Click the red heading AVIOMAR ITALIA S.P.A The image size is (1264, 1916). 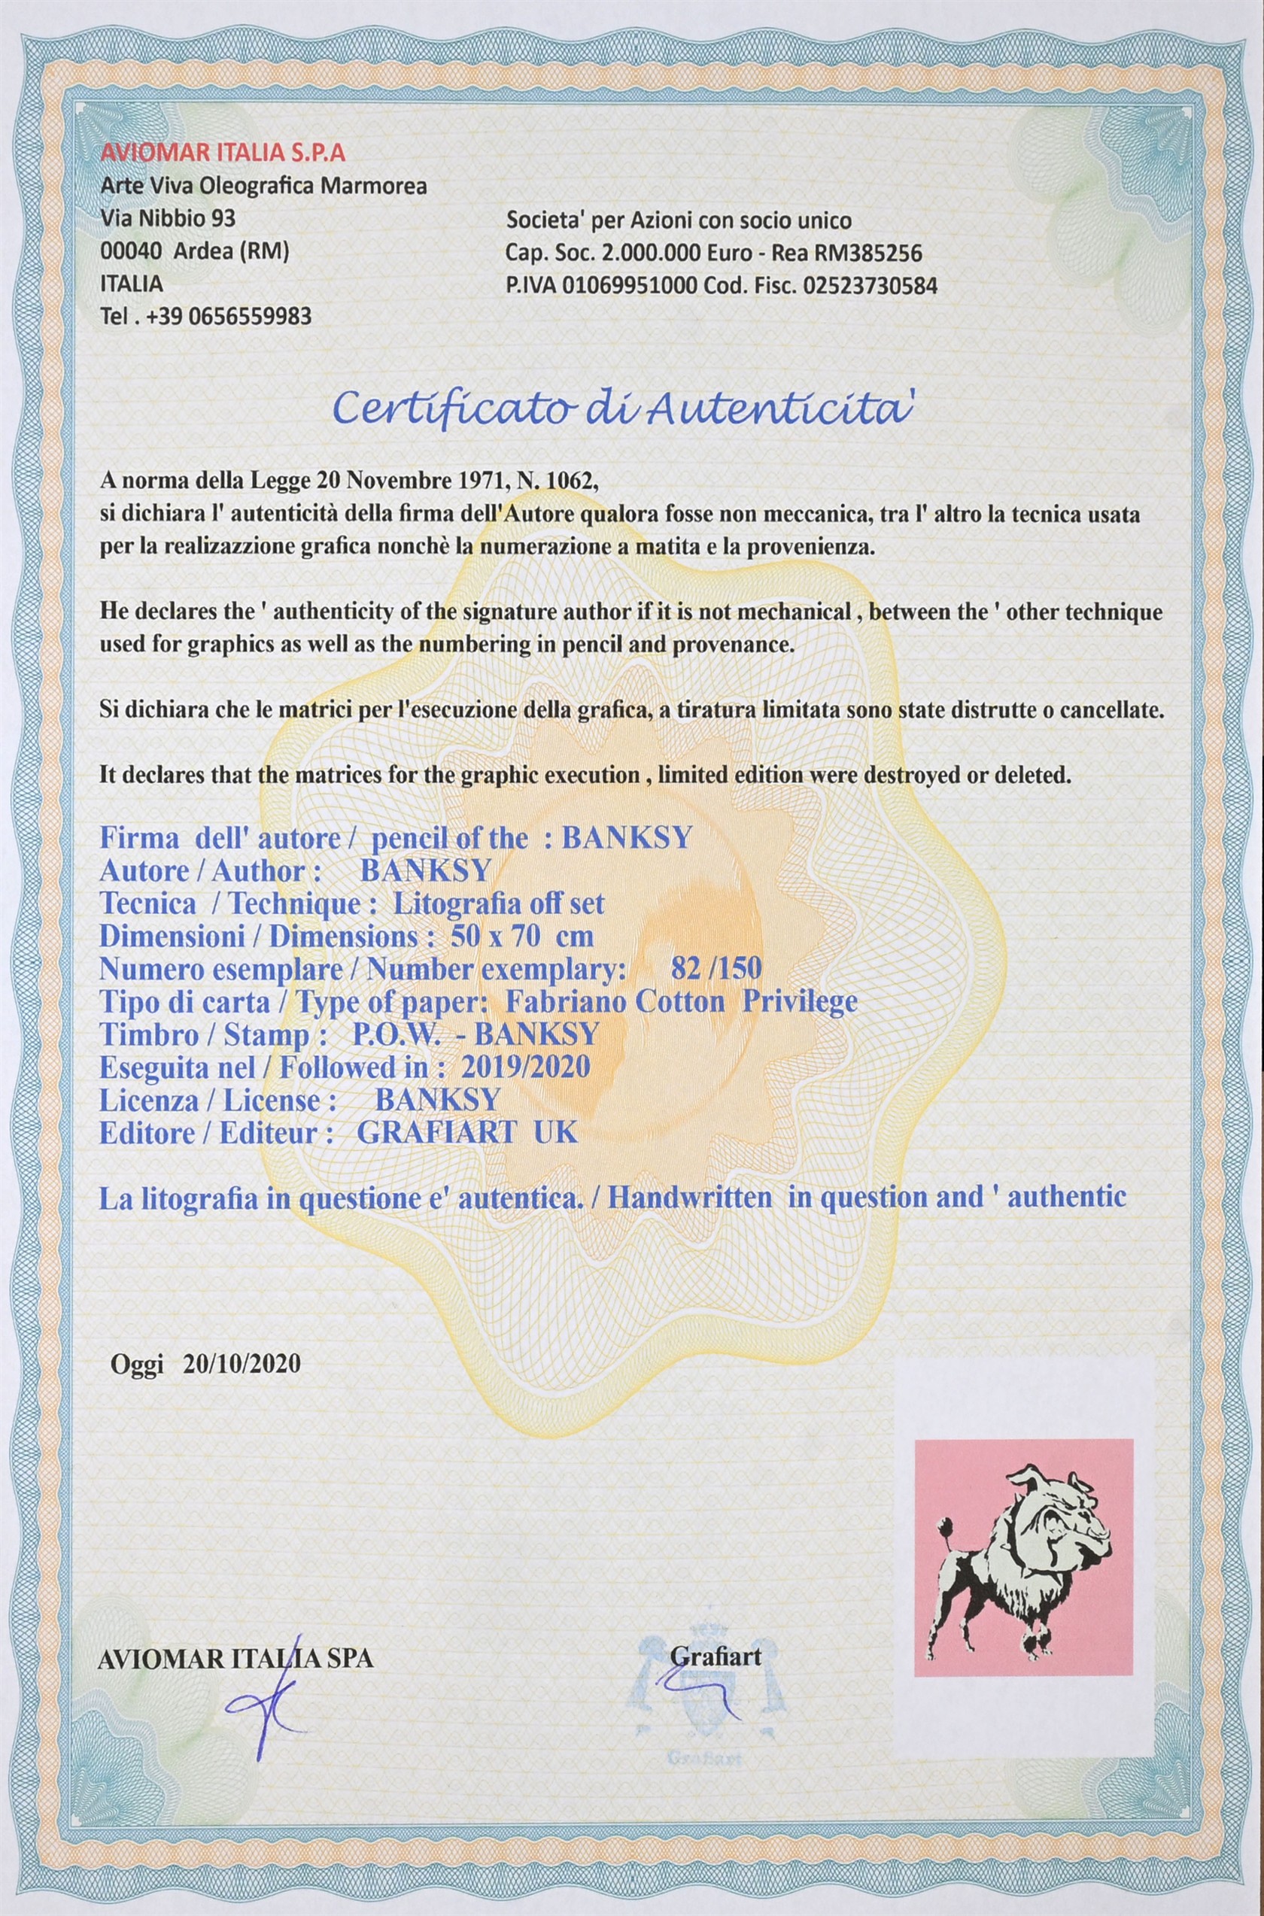(x=212, y=153)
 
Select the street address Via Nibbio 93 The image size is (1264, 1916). (x=168, y=218)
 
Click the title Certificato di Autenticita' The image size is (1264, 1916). (x=626, y=410)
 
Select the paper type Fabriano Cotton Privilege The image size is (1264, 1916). (x=680, y=1002)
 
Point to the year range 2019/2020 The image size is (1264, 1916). (x=525, y=1067)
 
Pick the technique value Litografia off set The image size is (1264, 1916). (x=497, y=903)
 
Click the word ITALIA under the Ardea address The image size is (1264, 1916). (x=132, y=284)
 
